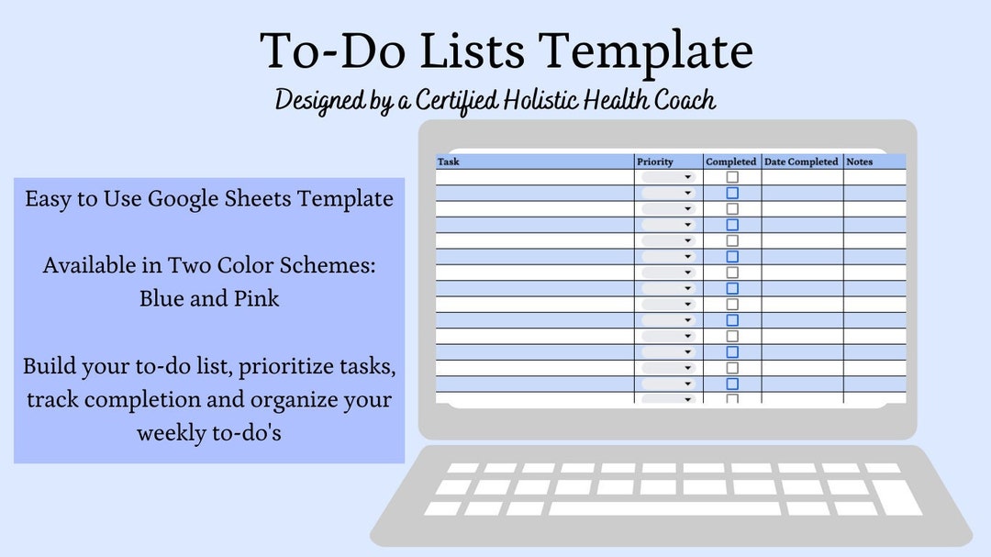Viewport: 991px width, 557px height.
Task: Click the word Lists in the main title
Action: [x=458, y=51]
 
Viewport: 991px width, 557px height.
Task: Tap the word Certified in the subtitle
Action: [x=460, y=100]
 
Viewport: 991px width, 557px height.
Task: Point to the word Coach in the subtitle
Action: [x=684, y=100]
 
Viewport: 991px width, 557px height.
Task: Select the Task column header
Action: [x=449, y=162]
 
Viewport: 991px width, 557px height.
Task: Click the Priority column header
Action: [x=654, y=162]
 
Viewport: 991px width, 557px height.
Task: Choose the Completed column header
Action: [x=731, y=162]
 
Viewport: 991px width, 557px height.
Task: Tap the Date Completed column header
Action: [x=801, y=162]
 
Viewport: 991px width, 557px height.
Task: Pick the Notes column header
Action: [x=860, y=162]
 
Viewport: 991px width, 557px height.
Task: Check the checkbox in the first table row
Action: [x=732, y=177]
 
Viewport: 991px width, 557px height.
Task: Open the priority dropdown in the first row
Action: [x=687, y=178]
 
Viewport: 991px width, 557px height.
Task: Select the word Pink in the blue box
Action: [x=260, y=298]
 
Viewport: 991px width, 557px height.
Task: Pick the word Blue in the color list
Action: [x=161, y=298]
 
